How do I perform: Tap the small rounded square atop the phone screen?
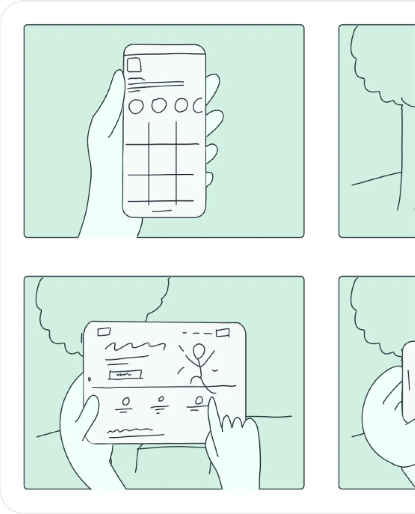pyautogui.click(x=134, y=65)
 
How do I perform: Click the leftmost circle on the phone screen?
pyautogui.click(x=136, y=106)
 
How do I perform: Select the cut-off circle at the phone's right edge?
pyautogui.click(x=198, y=105)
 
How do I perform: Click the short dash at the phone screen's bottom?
pyautogui.click(x=161, y=211)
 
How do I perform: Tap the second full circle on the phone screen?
pyautogui.click(x=159, y=105)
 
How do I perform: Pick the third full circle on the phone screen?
pyautogui.click(x=181, y=105)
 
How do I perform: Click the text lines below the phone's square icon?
pyautogui.click(x=155, y=85)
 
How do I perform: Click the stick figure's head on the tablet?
pyautogui.click(x=198, y=351)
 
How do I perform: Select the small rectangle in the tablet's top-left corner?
pyautogui.click(x=104, y=331)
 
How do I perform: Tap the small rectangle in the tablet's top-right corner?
pyautogui.click(x=223, y=333)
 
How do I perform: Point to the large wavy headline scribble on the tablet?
pyautogui.click(x=135, y=346)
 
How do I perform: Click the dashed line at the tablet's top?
pyautogui.click(x=197, y=333)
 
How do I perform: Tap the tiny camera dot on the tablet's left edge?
pyautogui.click(x=89, y=379)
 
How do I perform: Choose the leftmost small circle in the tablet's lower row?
pyautogui.click(x=126, y=401)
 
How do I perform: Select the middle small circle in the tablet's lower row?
pyautogui.click(x=161, y=401)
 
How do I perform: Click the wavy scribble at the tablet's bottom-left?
pyautogui.click(x=130, y=430)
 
